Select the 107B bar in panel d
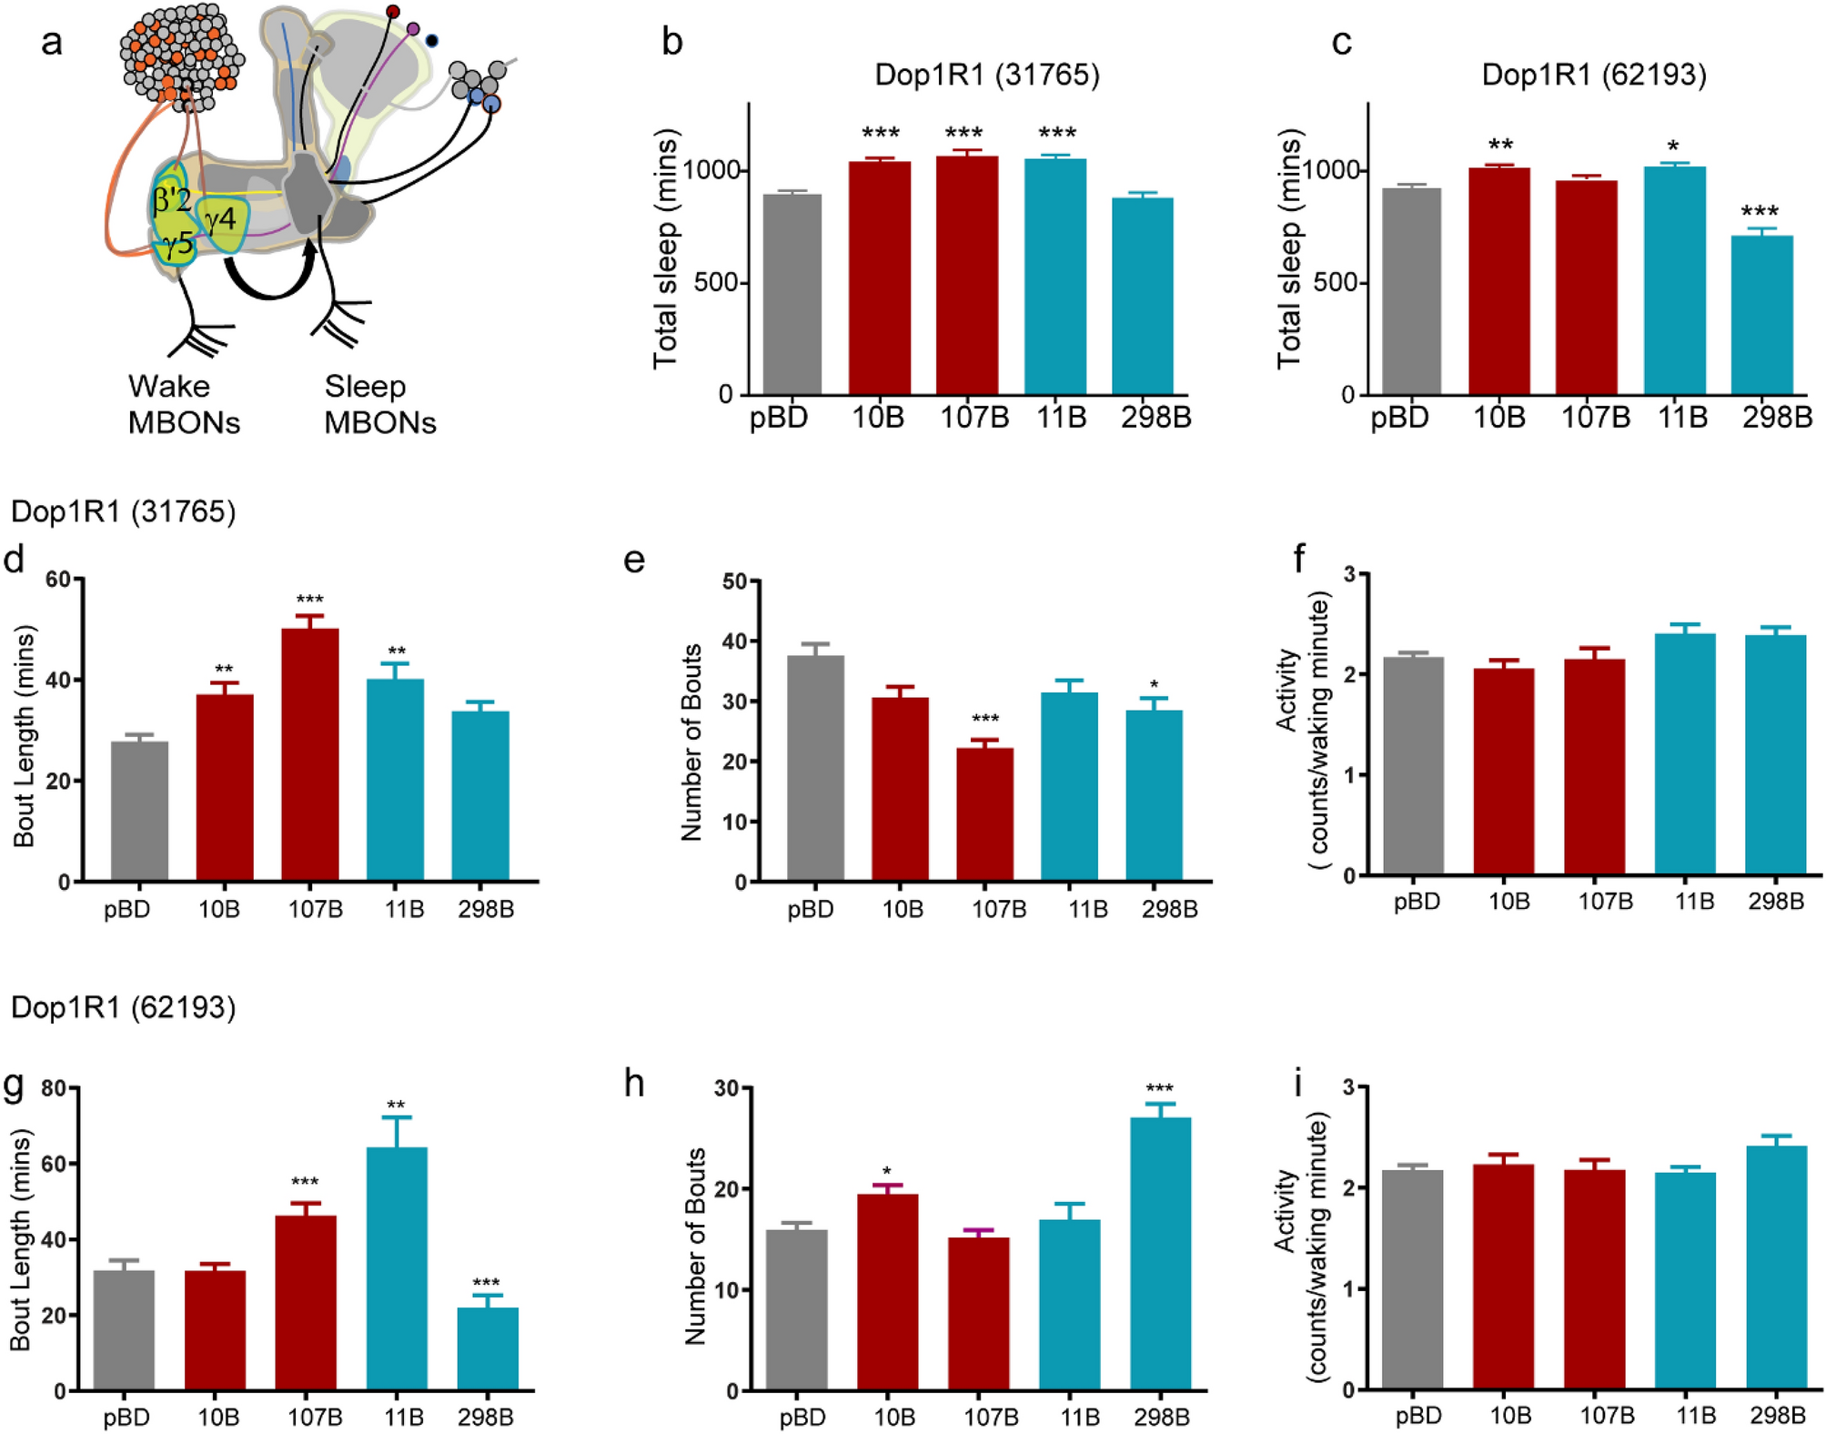pyautogui.click(x=310, y=754)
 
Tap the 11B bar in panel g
pyautogui.click(x=396, y=1268)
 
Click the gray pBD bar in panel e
pyautogui.click(x=815, y=768)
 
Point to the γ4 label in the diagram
pyautogui.click(x=221, y=218)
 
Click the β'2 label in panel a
pyautogui.click(x=172, y=199)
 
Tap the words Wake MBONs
pyautogui.click(x=183, y=404)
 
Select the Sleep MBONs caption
pyautogui.click(x=379, y=404)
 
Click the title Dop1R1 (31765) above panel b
pyautogui.click(x=987, y=74)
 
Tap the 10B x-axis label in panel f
pyautogui.click(x=1508, y=901)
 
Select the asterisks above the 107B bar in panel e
pyautogui.click(x=984, y=721)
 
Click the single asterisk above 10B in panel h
pyautogui.click(x=886, y=1172)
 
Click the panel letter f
pyautogui.click(x=1300, y=558)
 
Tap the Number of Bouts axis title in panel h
pyautogui.click(x=695, y=1246)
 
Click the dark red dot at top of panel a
pyautogui.click(x=392, y=12)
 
